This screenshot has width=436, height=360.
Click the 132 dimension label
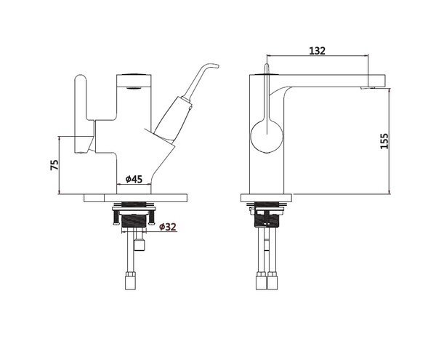click(317, 51)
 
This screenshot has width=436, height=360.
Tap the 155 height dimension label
click(384, 141)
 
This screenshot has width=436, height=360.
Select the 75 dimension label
click(54, 164)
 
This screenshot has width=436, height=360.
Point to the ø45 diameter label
click(134, 179)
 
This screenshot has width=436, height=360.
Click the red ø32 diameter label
click(168, 227)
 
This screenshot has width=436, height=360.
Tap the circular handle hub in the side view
click(267, 136)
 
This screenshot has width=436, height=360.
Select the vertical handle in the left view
click(81, 113)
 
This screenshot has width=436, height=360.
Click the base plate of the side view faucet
click(267, 198)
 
